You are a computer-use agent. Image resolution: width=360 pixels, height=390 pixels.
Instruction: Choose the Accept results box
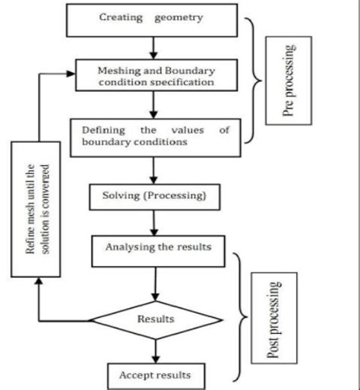coord(155,374)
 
